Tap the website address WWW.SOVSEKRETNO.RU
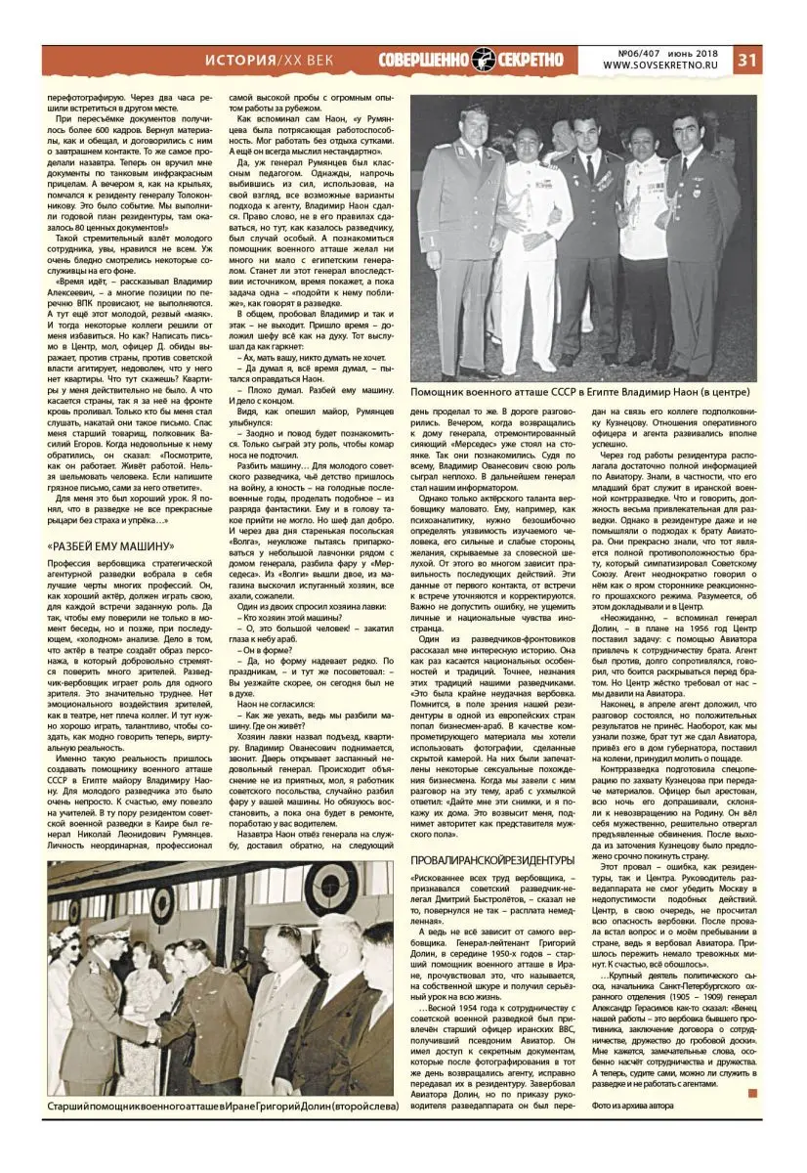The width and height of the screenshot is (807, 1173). tap(665, 66)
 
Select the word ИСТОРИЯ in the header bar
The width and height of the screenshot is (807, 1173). tap(239, 60)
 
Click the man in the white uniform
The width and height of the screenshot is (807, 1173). tap(532, 244)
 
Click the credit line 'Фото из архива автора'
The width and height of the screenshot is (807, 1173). tap(632, 1106)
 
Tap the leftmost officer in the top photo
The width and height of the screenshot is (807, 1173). tap(452, 244)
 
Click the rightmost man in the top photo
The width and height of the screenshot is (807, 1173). tap(699, 244)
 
